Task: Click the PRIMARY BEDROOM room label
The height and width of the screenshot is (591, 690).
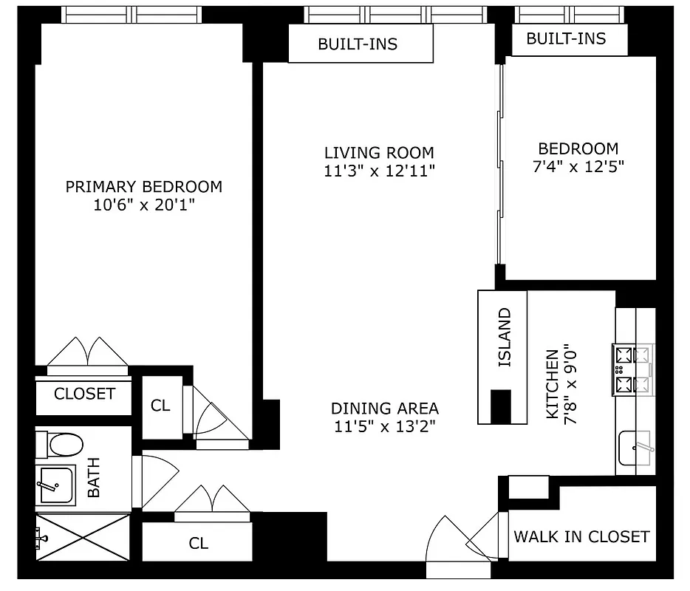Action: (x=143, y=187)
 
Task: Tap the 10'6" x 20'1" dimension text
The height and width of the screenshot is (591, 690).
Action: (x=143, y=205)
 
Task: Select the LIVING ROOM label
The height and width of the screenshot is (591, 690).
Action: (x=379, y=153)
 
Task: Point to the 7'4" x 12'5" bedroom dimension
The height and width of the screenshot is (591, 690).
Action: (x=578, y=166)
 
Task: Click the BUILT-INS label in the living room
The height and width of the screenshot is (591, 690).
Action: (x=358, y=44)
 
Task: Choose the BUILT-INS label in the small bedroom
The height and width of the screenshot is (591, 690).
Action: (x=566, y=39)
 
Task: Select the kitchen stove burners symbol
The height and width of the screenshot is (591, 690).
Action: (x=633, y=369)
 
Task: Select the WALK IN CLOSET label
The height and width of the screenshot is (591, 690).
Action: (x=581, y=536)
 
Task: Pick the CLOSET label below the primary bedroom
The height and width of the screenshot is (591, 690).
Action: (x=84, y=394)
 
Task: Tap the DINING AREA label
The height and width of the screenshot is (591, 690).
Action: (x=384, y=408)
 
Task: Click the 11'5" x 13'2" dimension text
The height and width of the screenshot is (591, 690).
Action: (x=384, y=426)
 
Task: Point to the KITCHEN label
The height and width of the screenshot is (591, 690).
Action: (x=552, y=385)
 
